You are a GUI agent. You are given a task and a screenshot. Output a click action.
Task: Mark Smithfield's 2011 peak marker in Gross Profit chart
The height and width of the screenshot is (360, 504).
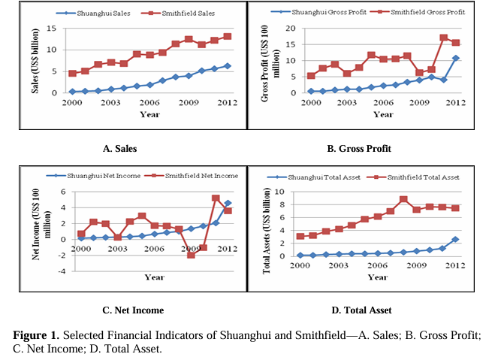click(444, 38)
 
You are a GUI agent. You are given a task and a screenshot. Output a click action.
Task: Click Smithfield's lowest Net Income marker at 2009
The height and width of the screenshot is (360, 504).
click(191, 255)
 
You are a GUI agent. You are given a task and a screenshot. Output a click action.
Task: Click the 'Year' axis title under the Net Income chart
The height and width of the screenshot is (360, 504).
click(154, 277)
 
